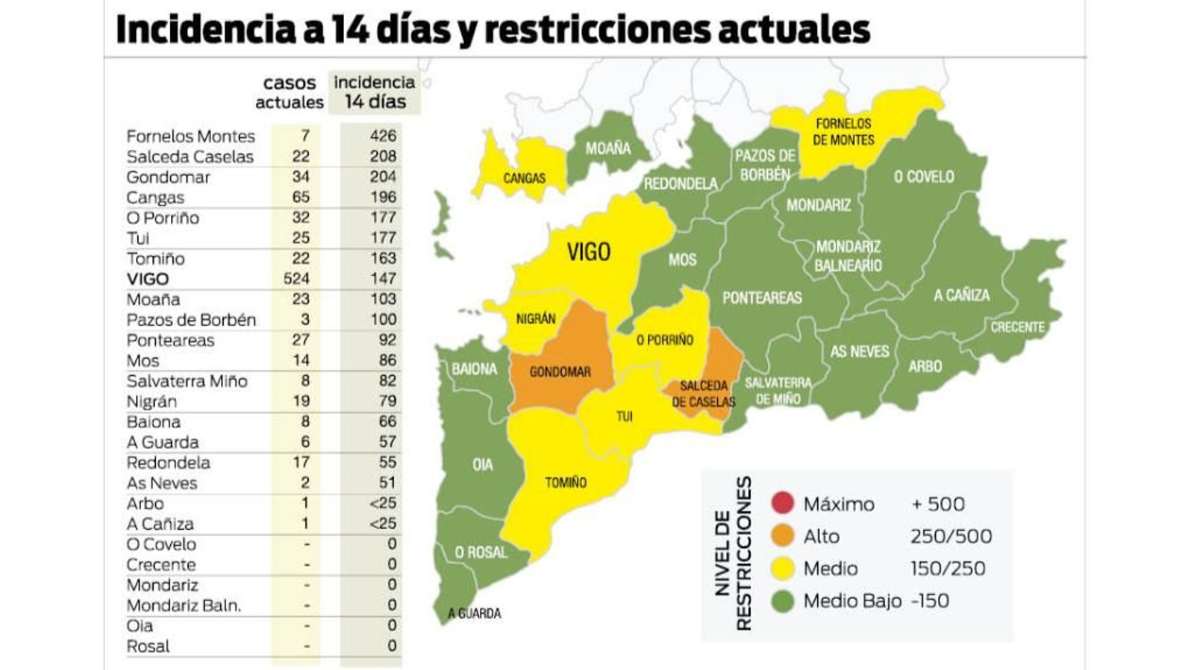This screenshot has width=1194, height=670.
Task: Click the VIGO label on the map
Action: click(x=588, y=252)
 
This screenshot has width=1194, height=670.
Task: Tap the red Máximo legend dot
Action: click(x=783, y=504)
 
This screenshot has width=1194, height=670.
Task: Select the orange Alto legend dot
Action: click(x=783, y=536)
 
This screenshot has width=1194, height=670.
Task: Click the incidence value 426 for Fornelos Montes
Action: click(x=383, y=136)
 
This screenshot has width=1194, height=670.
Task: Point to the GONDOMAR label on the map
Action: click(x=560, y=372)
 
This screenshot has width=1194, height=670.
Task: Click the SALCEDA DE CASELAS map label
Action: click(x=703, y=394)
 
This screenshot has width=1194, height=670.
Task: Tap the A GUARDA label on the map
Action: click(x=474, y=613)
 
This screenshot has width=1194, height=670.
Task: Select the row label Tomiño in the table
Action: click(x=155, y=258)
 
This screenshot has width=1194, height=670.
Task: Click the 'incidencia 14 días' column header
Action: click(x=375, y=92)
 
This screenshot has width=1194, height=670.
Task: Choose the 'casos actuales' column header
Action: click(x=290, y=93)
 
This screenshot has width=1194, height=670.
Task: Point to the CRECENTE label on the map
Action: click(x=1017, y=327)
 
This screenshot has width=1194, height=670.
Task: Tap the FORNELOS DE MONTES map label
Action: click(x=843, y=131)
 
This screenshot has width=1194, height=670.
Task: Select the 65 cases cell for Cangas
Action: click(x=301, y=197)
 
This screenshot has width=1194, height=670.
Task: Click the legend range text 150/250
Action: click(x=947, y=569)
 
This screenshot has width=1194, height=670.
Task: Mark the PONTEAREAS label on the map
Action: click(x=762, y=298)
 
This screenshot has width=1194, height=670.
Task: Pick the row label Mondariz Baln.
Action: click(x=184, y=605)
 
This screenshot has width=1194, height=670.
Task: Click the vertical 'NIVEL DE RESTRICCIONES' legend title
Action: click(x=732, y=554)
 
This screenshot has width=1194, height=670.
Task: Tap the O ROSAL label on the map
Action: click(x=481, y=552)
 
